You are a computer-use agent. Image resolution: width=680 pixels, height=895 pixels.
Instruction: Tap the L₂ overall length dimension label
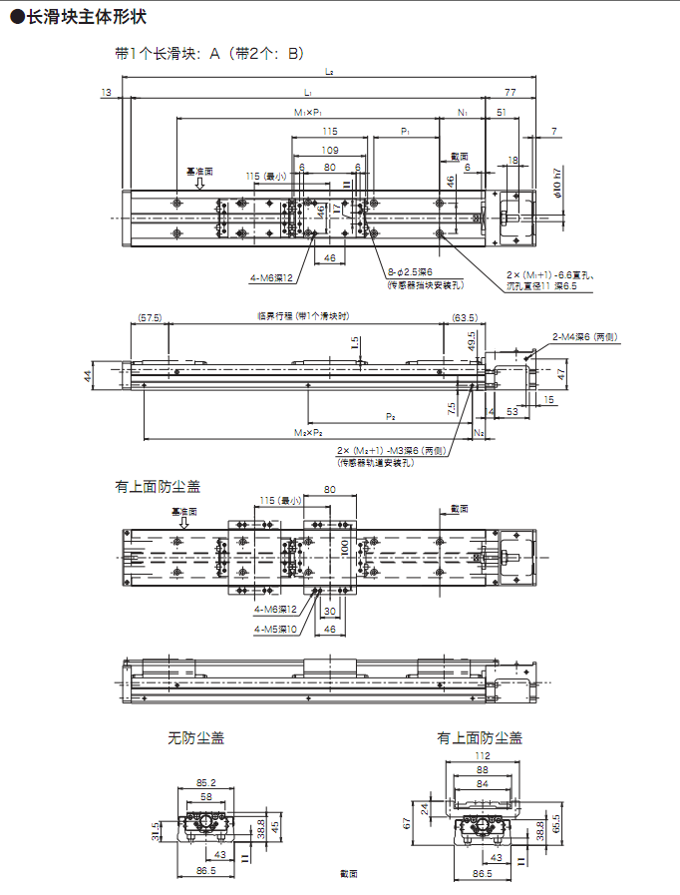(329, 71)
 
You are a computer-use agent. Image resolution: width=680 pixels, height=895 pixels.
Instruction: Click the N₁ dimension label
(463, 112)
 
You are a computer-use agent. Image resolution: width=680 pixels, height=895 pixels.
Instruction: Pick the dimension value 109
(328, 150)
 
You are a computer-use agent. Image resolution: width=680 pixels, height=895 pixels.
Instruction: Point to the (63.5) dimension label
(464, 317)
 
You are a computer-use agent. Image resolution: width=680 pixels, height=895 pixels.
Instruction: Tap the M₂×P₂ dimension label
(308, 433)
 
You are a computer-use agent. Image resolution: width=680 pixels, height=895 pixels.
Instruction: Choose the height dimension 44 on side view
(88, 375)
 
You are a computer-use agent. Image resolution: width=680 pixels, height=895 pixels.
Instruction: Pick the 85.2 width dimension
(206, 782)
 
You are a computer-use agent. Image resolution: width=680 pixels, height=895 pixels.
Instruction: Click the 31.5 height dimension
(156, 829)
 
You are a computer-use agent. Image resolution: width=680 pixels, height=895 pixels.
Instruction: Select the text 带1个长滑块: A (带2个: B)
(209, 53)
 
